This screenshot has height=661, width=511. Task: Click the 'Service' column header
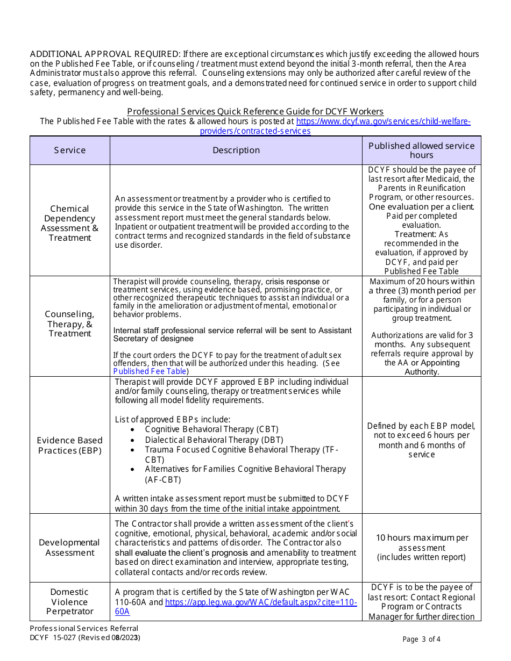point(69,150)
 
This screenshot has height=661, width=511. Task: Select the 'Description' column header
point(236,150)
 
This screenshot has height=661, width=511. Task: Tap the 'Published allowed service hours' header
point(421,150)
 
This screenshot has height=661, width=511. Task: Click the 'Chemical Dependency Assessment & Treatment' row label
point(69,223)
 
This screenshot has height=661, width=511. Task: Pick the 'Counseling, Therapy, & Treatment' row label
point(69,324)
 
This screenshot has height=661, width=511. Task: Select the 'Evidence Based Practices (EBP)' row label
point(69,446)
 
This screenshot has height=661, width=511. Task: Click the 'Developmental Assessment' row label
point(69,548)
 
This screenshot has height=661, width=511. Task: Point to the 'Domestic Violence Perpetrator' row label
point(69,601)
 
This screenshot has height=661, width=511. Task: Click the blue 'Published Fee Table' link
point(150,371)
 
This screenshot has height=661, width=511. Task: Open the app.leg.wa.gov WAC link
point(261,602)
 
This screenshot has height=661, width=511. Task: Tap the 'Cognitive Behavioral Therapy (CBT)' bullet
point(211,429)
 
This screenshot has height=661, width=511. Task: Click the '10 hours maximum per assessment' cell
point(421,547)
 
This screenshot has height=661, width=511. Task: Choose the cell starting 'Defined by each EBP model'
point(421,440)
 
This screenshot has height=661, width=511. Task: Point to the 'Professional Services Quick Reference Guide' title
point(255,111)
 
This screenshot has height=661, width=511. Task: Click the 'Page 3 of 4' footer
point(421,639)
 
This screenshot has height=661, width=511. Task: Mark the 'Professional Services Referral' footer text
point(84,628)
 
